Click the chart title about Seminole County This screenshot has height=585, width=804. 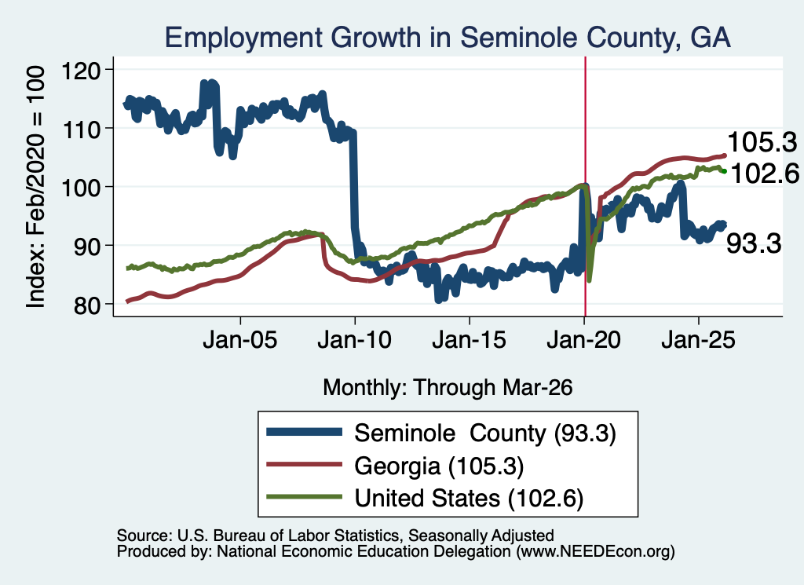tap(448, 37)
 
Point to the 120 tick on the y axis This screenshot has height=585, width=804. tap(82, 70)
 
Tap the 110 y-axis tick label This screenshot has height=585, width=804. tap(82, 129)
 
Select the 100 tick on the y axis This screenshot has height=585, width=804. tap(82, 188)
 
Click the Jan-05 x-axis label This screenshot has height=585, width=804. tap(240, 340)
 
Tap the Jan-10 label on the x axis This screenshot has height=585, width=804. tap(354, 340)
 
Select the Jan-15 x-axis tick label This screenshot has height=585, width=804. tap(470, 340)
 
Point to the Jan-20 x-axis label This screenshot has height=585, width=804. tap(584, 340)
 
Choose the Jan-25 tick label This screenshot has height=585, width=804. tap(698, 340)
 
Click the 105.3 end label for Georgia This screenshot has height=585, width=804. tap(762, 142)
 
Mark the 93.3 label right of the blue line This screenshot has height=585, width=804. tap(754, 243)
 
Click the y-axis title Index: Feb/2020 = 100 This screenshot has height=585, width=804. tap(35, 187)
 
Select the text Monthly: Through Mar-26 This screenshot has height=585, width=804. tap(448, 388)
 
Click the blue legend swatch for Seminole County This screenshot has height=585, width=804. tap(304, 432)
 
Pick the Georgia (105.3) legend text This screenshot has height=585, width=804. tap(439, 466)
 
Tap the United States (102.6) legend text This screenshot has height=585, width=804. tap(470, 499)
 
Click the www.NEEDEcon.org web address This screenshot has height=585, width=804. tap(596, 552)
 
